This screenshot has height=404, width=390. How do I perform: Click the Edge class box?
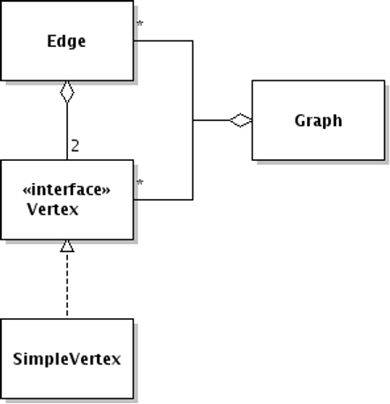67,41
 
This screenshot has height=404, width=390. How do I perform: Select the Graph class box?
319,120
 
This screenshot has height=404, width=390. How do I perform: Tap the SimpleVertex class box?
67,359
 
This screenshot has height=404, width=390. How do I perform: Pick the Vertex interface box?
67,200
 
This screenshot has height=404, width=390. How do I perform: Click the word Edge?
66,42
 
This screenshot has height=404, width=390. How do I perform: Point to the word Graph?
319,121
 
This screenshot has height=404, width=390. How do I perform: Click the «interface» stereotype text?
66,190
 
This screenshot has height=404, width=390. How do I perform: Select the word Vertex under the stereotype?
53,210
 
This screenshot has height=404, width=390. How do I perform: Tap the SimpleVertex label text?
67,359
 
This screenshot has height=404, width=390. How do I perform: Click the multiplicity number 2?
75,146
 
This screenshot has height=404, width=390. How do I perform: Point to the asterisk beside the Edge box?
140,24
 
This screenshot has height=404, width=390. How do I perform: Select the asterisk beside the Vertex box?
140,183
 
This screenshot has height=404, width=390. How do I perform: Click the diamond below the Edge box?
67,92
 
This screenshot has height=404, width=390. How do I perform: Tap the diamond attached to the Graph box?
241,120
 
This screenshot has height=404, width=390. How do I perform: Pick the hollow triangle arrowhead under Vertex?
67,246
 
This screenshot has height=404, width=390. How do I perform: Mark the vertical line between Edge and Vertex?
67,132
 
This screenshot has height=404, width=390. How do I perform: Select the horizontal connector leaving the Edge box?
163,41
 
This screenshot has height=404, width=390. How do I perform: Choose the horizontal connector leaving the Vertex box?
163,200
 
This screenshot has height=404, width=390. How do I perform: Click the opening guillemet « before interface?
26,191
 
